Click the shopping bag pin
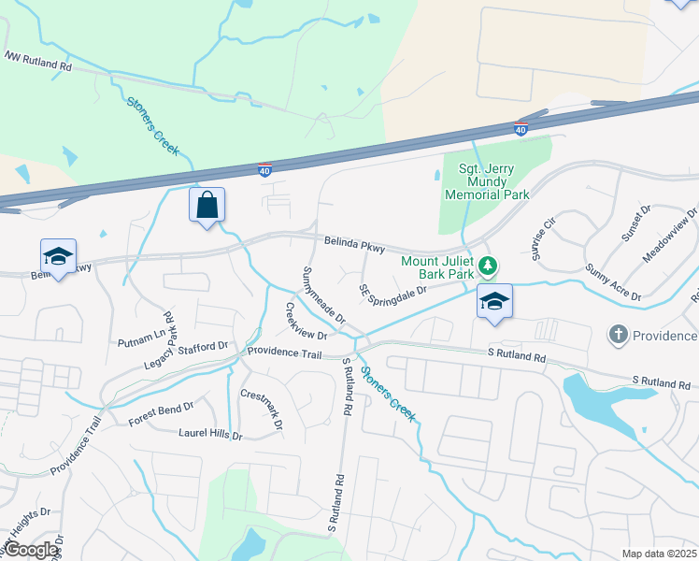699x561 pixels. click(207, 206)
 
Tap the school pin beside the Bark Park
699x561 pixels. click(494, 301)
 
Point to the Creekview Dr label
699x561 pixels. click(306, 321)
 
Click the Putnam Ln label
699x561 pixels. click(138, 331)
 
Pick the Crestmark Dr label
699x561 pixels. click(262, 409)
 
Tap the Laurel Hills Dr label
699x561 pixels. click(210, 434)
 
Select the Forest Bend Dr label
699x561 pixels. click(161, 414)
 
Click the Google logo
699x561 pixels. click(32, 550)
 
